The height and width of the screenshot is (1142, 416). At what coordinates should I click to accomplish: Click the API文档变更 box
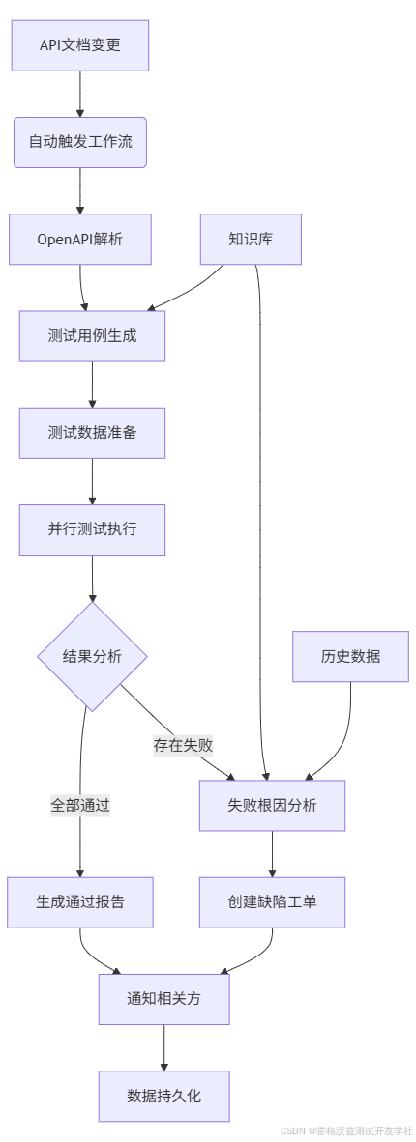point(80,45)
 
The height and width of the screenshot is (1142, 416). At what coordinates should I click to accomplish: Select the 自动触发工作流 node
point(80,142)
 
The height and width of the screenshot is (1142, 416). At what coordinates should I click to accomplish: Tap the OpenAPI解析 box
point(80,239)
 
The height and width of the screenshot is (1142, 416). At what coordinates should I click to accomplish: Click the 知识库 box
point(251,239)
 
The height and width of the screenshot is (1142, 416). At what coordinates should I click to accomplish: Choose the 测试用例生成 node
point(92,336)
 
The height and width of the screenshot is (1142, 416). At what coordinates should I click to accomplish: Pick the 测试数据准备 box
point(92,433)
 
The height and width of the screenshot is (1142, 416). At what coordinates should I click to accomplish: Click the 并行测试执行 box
point(92,529)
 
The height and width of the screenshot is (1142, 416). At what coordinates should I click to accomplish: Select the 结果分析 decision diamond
point(92,657)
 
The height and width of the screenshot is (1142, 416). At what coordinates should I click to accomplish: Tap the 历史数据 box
point(350,657)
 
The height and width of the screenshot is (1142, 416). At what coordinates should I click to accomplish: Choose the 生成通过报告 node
point(80,902)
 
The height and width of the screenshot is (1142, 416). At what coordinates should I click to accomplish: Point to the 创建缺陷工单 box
point(272,902)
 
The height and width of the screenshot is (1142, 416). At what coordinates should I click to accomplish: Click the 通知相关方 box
point(163,999)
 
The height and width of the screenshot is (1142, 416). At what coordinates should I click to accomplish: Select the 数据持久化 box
point(163,1096)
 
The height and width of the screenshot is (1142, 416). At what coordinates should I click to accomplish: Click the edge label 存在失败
point(183,745)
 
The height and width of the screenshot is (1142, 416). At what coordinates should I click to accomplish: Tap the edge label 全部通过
point(80,805)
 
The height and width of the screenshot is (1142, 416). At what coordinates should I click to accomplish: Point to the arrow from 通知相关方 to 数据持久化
point(163,1047)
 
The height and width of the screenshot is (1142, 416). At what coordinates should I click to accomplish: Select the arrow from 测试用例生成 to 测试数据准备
point(92,385)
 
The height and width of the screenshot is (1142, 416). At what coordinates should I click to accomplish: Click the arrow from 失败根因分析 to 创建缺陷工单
point(272,854)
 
